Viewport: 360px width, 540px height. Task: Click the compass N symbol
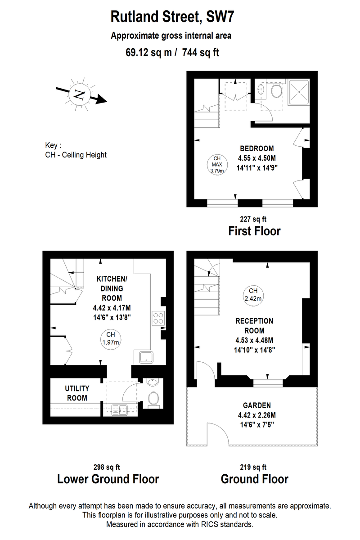pyautogui.click(x=80, y=94)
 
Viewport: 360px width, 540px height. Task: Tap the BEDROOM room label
pyautogui.click(x=256, y=148)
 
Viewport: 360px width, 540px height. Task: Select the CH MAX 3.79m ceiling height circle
pyautogui.click(x=217, y=165)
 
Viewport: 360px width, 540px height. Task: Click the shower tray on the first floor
pyautogui.click(x=299, y=92)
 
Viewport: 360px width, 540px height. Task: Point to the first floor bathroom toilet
pyautogui.click(x=276, y=90)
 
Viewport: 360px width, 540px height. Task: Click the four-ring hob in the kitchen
pyautogui.click(x=158, y=318)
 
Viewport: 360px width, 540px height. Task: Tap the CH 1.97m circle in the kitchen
pyautogui.click(x=111, y=339)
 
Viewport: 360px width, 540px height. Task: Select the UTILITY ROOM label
pyautogui.click(x=77, y=393)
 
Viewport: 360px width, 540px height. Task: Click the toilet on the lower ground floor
pyautogui.click(x=153, y=400)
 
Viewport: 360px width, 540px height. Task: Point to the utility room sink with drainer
pyautogui.click(x=120, y=410)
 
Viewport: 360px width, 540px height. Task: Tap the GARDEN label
pyautogui.click(x=257, y=405)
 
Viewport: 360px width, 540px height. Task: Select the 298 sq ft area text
pyautogui.click(x=107, y=467)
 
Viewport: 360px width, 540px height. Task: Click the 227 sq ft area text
pyautogui.click(x=253, y=219)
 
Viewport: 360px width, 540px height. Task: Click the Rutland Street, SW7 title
pyautogui.click(x=172, y=17)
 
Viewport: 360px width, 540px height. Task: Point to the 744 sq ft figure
pyautogui.click(x=201, y=52)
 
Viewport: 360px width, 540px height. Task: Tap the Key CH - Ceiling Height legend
pyautogui.click(x=76, y=150)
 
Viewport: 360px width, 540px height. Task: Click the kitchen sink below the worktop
pyautogui.click(x=146, y=357)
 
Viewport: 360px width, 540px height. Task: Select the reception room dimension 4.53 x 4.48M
pyautogui.click(x=254, y=340)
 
